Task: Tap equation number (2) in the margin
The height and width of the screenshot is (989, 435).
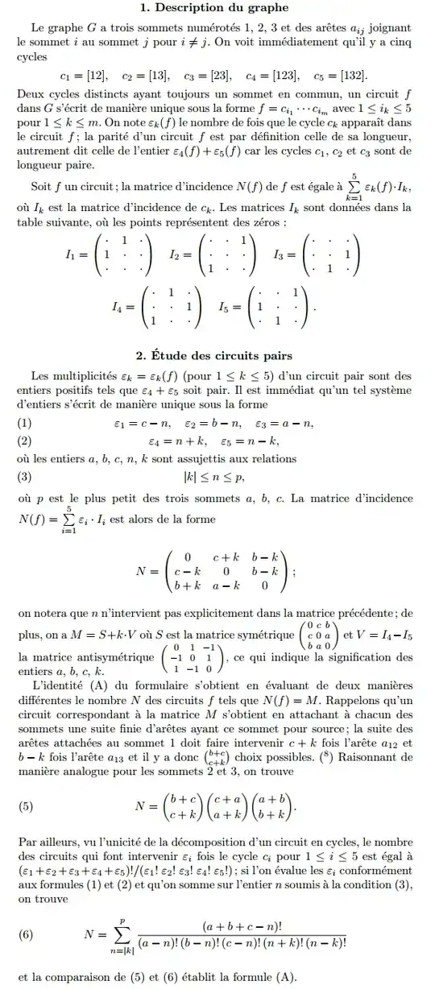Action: [x=26, y=441]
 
